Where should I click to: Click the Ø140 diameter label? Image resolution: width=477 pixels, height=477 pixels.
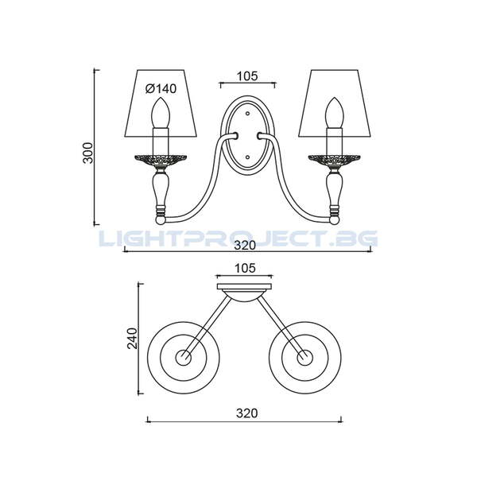(x=161, y=89)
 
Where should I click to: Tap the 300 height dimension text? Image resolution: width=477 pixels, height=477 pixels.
(x=88, y=153)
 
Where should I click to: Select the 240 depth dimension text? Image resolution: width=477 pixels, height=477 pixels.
(x=132, y=339)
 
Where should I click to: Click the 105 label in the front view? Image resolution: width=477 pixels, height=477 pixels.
(x=247, y=76)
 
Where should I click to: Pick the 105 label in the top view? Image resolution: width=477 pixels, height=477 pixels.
(x=245, y=269)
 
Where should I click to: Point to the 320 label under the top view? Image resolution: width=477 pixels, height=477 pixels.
(x=246, y=413)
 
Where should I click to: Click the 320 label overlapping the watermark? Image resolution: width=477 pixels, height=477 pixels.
(x=245, y=245)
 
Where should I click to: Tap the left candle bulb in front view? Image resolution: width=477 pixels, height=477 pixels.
(x=160, y=113)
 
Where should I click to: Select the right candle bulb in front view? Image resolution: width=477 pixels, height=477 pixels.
(x=335, y=113)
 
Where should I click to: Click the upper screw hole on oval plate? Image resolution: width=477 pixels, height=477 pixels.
(x=247, y=114)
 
